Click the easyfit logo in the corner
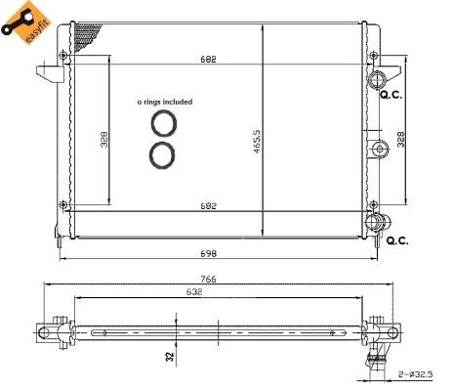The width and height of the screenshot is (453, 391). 26,24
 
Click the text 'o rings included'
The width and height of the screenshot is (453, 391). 164,101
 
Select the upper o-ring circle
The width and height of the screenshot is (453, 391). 163,122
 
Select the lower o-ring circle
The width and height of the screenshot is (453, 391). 163,154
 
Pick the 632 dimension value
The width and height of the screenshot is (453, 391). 195,290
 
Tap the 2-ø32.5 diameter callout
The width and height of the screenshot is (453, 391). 415,372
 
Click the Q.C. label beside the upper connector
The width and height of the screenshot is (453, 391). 391,95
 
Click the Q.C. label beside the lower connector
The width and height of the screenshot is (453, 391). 397,240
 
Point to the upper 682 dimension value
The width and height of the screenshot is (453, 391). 208,60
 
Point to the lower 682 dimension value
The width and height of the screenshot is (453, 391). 208,206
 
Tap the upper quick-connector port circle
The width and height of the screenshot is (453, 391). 377,77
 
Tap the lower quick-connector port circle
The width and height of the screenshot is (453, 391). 372,224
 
